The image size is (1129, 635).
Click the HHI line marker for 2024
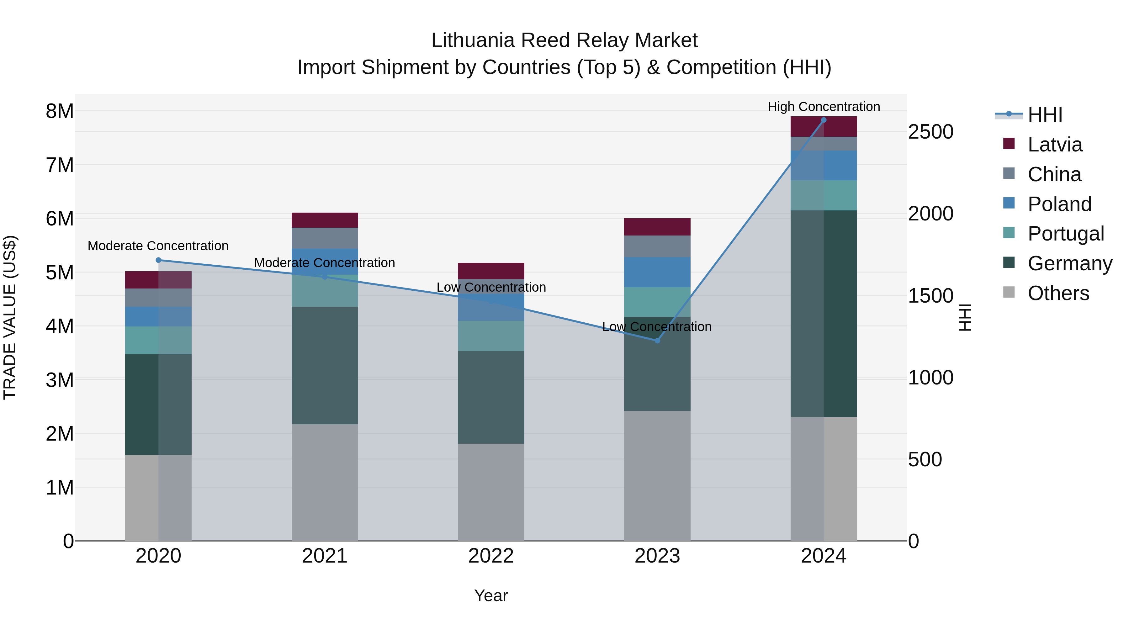coord(824,120)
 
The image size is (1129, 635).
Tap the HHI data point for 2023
coord(657,341)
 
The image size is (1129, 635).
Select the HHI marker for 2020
coord(159,260)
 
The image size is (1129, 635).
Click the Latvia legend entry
coord(1054,145)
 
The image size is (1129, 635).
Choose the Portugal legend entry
coord(1065,234)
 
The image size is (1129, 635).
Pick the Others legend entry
coord(1058,293)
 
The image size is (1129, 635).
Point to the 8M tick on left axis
coord(60,111)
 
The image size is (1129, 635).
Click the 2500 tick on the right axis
coord(930,132)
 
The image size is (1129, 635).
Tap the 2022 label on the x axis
coord(491,556)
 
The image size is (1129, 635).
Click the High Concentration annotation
coord(824,107)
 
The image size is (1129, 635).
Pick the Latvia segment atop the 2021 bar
coord(325,220)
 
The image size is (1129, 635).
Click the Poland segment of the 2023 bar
coord(657,272)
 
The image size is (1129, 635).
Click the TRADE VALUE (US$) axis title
coord(10,317)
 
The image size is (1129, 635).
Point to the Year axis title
coord(491,595)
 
